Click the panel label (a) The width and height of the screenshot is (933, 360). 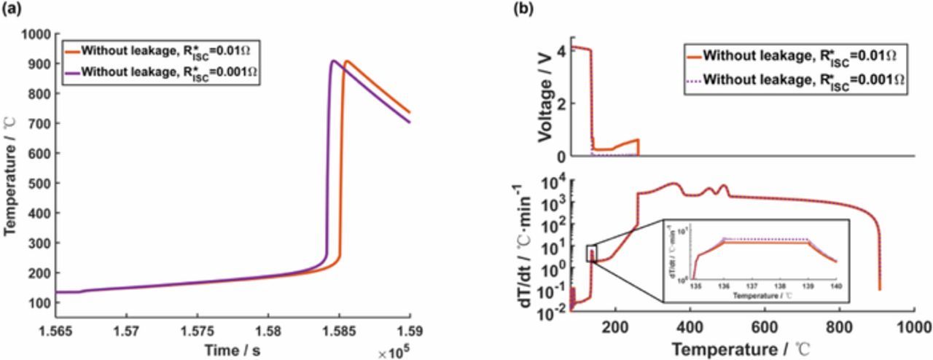pos(12,9)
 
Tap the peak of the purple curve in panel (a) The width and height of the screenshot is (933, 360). pos(332,61)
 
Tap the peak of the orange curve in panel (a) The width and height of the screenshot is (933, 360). pos(347,61)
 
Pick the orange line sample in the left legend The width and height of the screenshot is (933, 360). pos(71,51)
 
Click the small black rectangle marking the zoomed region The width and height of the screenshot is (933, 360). pos(591,253)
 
